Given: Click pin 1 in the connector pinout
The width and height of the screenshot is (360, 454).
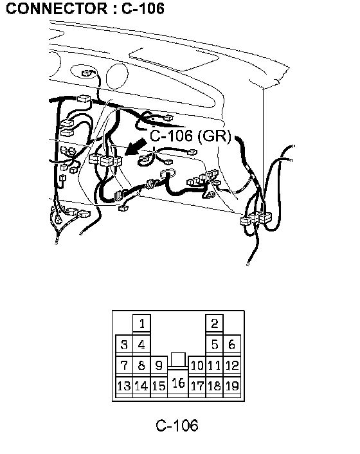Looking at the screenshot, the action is (x=141, y=323).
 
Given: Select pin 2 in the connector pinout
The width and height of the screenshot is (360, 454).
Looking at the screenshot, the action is (x=215, y=323).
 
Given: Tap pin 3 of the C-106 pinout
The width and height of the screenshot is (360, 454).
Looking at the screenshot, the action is (x=124, y=345).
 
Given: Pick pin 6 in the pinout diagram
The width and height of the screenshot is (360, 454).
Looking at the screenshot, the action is (x=232, y=345).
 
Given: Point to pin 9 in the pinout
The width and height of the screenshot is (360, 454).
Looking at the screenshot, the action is (x=159, y=365).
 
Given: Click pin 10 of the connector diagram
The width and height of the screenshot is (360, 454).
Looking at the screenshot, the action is (x=197, y=365).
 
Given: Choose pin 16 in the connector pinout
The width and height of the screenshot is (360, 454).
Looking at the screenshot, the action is (x=178, y=383).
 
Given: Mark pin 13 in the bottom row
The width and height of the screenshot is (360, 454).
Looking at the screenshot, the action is (x=124, y=386).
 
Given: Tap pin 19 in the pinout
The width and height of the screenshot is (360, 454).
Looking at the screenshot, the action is (x=232, y=386).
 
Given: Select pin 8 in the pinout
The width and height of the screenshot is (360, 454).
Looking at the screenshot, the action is (x=141, y=365).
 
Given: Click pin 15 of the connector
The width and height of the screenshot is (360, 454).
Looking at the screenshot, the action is (x=159, y=386).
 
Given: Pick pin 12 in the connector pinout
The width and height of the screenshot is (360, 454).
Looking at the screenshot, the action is (x=232, y=365).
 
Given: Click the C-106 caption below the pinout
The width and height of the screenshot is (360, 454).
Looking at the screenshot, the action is (x=177, y=426).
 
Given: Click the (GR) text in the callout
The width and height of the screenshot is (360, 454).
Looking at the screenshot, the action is (x=215, y=136).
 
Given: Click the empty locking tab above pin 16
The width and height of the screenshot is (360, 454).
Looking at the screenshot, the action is (x=178, y=359).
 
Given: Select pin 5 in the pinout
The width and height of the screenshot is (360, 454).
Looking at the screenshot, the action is (x=215, y=345).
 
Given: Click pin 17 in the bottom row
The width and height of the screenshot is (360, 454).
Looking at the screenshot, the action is (x=197, y=386).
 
